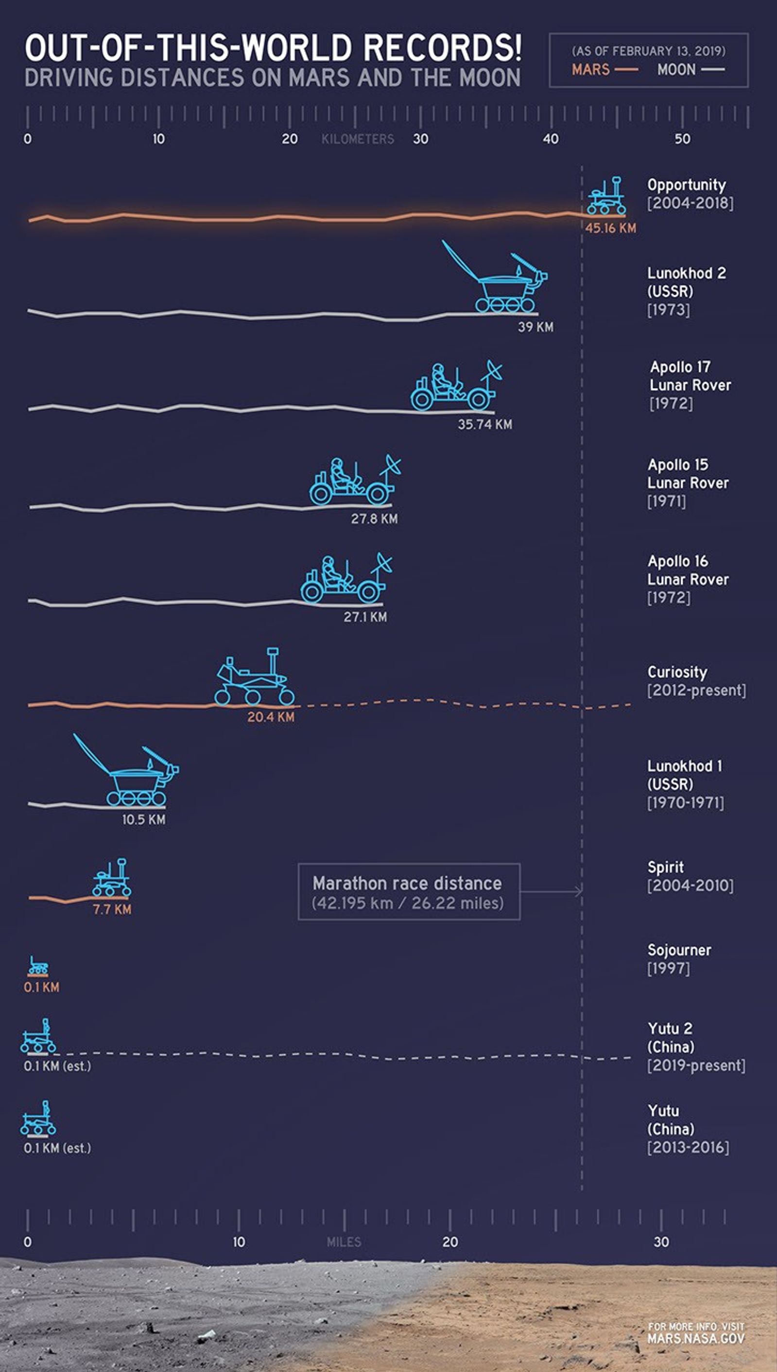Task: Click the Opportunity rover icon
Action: click(x=606, y=196)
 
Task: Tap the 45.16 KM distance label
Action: click(x=610, y=228)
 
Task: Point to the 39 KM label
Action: click(x=535, y=327)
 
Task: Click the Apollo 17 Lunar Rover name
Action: click(x=690, y=376)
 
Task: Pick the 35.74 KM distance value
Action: click(x=484, y=424)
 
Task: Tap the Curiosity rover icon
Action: click(x=255, y=677)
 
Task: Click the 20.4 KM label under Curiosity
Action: click(x=271, y=717)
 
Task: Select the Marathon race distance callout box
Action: click(x=408, y=892)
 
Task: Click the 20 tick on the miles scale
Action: click(x=450, y=1242)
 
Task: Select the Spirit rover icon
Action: click(x=112, y=878)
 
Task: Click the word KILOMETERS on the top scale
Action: click(x=358, y=139)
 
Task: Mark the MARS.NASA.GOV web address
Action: click(x=695, y=1338)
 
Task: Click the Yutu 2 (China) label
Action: click(x=671, y=1038)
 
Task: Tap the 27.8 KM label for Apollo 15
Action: click(x=374, y=519)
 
